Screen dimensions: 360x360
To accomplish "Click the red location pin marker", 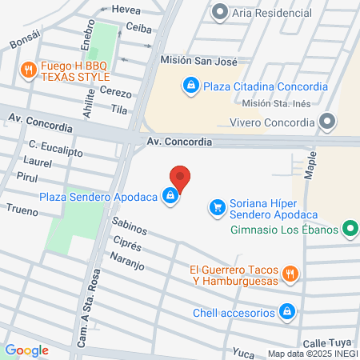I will pos(180,178).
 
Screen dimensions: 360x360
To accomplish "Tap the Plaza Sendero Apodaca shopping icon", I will pos(170,195).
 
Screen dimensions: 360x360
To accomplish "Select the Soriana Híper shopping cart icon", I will pos(217,207).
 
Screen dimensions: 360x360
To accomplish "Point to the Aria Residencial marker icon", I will pos(219,12).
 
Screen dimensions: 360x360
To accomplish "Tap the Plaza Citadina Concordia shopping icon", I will pos(190,85).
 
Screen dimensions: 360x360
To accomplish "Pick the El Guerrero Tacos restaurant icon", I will pos(291,274).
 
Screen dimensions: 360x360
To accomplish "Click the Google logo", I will pos(26,350).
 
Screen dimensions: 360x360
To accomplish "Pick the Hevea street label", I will pos(126,9).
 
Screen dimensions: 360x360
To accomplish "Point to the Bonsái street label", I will pos(24,42).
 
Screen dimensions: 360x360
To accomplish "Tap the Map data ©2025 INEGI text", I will pos(311,353).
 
